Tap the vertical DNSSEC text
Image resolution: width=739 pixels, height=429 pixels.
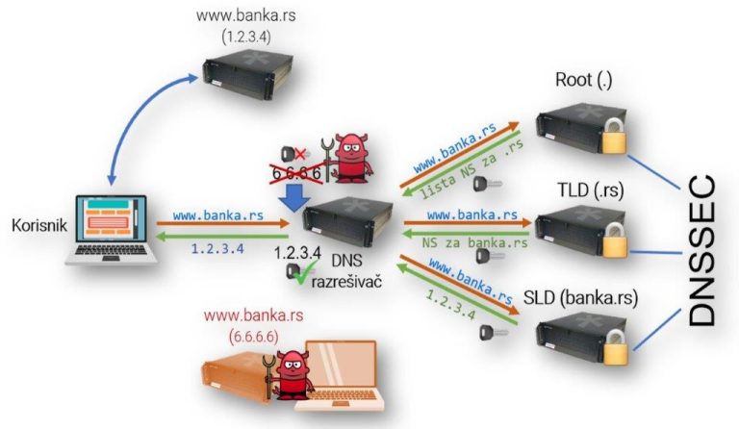click(x=710, y=252)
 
